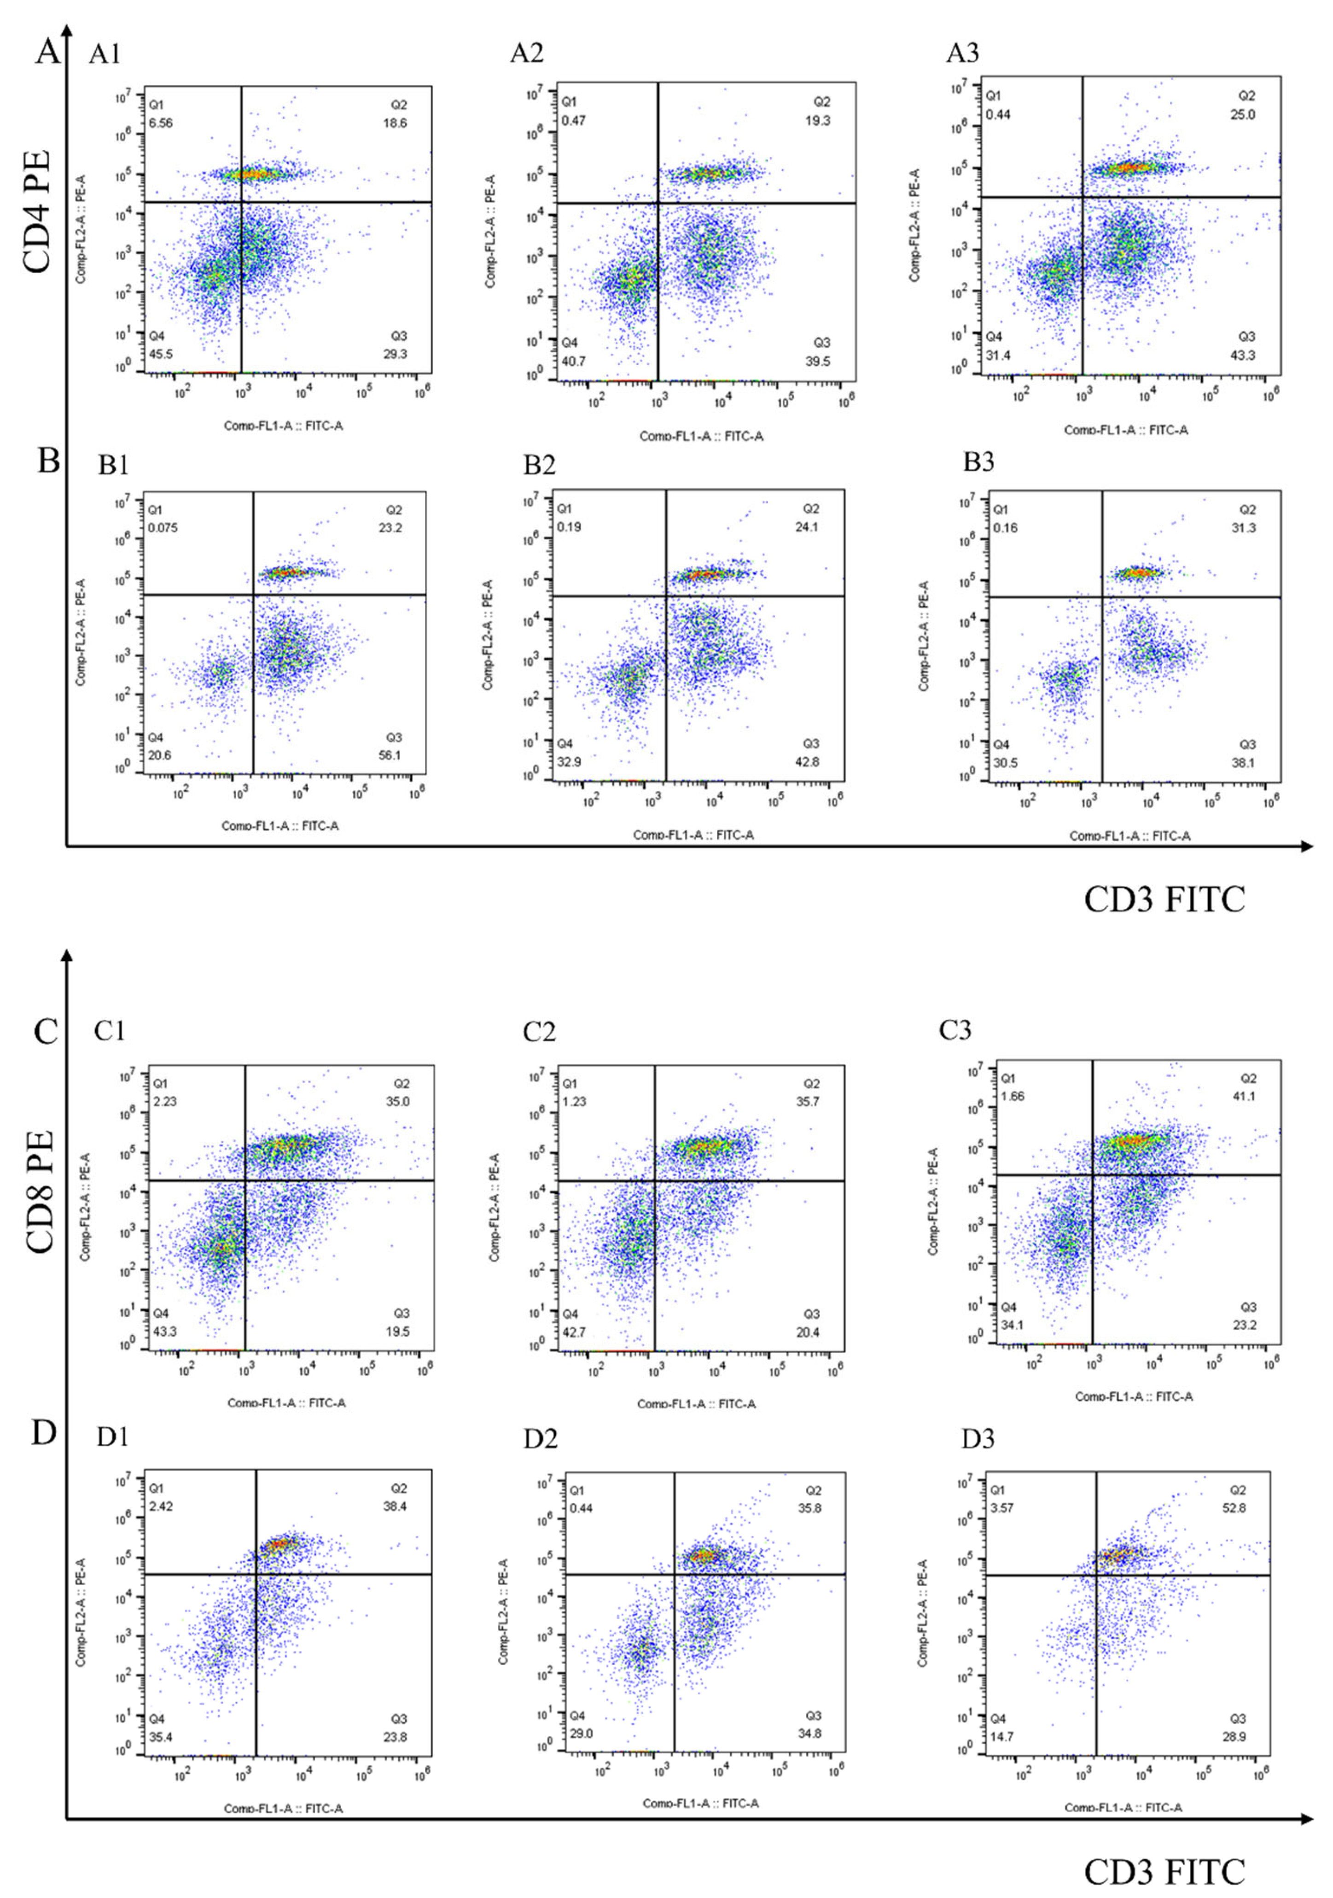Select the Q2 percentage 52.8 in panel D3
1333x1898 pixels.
point(1242,1508)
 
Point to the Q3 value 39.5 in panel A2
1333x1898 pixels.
point(818,361)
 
